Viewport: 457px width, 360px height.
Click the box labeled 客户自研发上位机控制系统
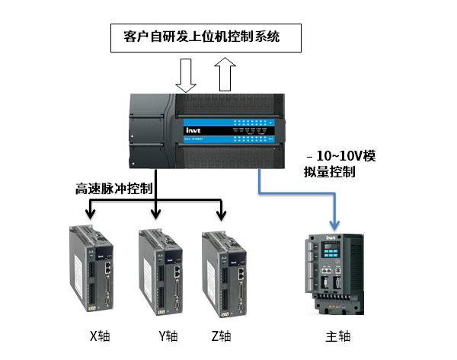tap(201, 37)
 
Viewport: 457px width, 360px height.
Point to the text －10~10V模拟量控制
tap(338, 164)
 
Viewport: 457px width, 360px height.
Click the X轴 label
tap(101, 336)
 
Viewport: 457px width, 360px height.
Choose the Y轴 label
tap(168, 336)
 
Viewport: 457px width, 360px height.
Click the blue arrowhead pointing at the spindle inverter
tap(333, 225)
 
